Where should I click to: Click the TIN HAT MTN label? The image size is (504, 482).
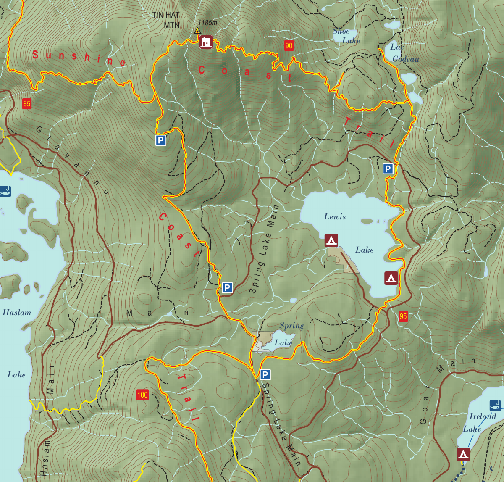(166, 20)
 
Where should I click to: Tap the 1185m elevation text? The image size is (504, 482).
(207, 23)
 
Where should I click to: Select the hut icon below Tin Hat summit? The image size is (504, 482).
(206, 42)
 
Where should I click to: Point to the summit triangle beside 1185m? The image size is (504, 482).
(197, 30)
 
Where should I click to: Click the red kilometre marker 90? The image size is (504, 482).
(289, 46)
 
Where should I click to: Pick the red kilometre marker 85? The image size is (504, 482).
(27, 104)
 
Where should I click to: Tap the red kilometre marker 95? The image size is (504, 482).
(403, 316)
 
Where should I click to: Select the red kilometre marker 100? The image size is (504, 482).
(142, 395)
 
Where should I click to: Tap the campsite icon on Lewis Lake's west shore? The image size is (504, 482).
(331, 240)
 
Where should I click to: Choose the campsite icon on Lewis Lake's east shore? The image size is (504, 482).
(391, 278)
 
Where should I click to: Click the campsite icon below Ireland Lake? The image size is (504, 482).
(463, 454)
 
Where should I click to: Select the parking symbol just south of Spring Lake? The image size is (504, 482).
(265, 375)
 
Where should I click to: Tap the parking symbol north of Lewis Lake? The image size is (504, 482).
(388, 169)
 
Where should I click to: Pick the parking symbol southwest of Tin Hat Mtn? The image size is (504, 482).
(161, 140)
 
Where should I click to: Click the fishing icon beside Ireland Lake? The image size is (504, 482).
(495, 406)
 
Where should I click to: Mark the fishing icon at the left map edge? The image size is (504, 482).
(5, 192)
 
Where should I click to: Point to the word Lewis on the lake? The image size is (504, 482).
(335, 217)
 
